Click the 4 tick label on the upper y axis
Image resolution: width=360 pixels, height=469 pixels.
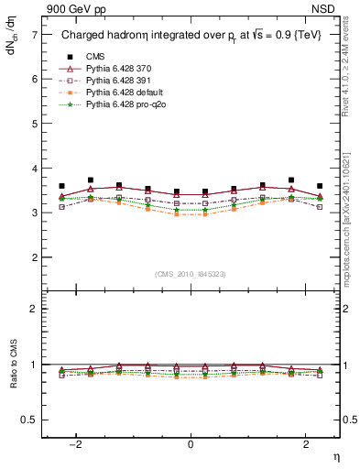[34, 169]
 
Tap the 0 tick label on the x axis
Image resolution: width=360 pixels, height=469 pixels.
[190, 444]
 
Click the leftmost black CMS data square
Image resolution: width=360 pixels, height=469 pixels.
[61, 186]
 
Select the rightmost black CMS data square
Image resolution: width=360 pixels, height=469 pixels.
[319, 186]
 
